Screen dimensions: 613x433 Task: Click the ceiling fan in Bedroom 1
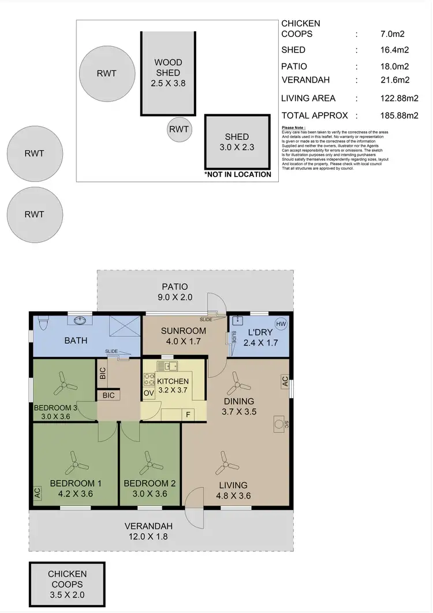75,461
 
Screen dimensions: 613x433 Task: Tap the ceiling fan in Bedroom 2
150,461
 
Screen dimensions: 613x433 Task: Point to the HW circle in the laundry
281,324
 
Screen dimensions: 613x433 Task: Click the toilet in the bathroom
42,321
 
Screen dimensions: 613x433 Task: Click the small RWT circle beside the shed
179,129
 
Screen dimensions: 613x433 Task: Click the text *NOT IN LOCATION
237,174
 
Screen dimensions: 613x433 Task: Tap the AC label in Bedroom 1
38,493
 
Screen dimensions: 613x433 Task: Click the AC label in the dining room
284,381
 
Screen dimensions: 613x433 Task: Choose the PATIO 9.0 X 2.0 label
174,292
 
